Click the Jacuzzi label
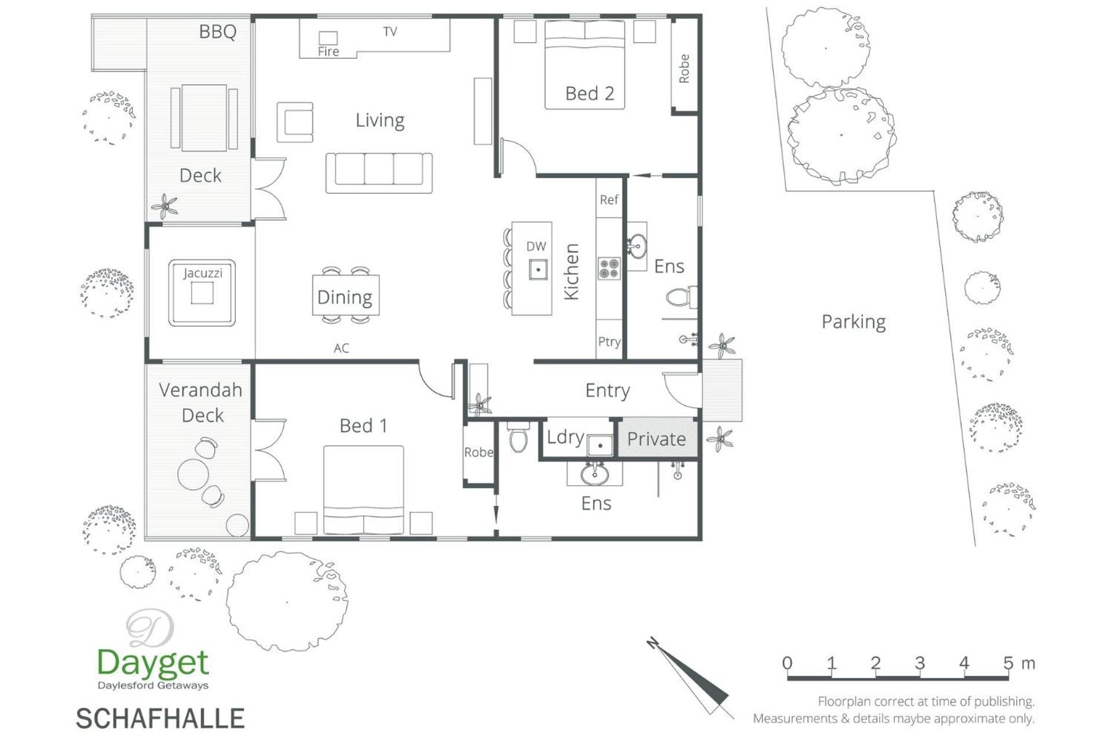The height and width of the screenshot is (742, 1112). [202, 273]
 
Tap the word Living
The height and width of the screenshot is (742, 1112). [380, 121]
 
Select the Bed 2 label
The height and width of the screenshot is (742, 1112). [589, 93]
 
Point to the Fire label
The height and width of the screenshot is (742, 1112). [328, 52]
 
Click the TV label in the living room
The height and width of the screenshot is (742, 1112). [390, 31]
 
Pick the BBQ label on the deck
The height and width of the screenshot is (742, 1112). [218, 31]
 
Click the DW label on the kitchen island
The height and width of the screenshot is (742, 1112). [536, 246]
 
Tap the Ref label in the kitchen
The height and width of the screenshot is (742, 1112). [609, 200]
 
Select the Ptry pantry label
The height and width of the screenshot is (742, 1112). [609, 342]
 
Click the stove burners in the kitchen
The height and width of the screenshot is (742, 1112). [609, 268]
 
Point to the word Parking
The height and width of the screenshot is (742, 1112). [854, 322]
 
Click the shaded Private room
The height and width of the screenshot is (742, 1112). [657, 438]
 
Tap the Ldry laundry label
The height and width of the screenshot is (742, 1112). [565, 437]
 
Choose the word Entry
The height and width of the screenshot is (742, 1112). [608, 391]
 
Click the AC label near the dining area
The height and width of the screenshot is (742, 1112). [341, 348]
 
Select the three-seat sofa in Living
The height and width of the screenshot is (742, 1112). [379, 173]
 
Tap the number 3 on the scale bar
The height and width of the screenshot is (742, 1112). [920, 663]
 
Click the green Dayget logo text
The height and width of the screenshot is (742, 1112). [153, 663]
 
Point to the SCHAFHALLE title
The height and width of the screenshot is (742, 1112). [160, 718]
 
